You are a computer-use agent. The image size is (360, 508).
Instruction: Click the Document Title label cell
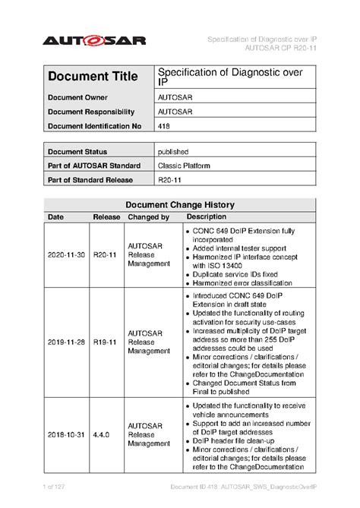click(93, 77)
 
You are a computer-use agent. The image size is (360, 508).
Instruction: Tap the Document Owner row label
click(79, 98)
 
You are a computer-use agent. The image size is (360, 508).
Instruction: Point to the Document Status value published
click(173, 152)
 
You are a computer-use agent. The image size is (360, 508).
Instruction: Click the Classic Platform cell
click(184, 166)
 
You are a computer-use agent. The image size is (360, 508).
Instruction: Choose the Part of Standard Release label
click(90, 180)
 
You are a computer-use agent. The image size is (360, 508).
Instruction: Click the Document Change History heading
click(179, 205)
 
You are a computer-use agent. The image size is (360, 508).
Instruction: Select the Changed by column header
click(148, 217)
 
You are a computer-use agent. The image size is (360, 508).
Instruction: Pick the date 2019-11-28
click(67, 342)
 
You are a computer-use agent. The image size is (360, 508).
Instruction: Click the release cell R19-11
click(106, 342)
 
